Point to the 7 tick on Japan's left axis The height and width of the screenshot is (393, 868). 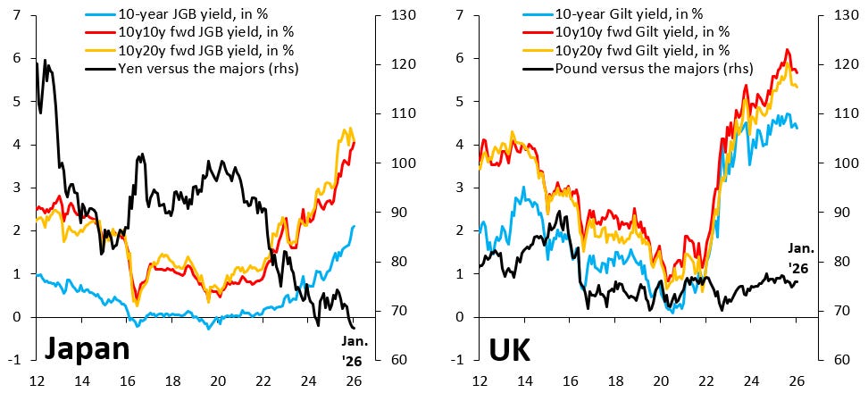pyautogui.click(x=18, y=16)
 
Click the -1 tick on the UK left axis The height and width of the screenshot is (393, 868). pyautogui.click(x=459, y=360)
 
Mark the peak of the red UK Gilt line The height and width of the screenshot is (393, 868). pyautogui.click(x=787, y=50)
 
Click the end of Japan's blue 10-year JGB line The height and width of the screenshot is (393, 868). pyautogui.click(x=355, y=226)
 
